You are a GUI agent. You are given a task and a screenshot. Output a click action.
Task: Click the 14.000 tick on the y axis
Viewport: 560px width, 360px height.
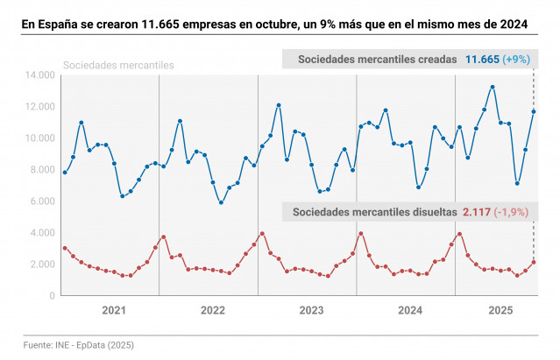pyautogui.click(x=38, y=75)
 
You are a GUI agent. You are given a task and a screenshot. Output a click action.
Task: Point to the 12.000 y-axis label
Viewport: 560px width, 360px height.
pyautogui.click(x=38, y=107)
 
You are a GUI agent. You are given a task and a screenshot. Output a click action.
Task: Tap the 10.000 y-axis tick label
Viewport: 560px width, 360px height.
pyautogui.click(x=38, y=138)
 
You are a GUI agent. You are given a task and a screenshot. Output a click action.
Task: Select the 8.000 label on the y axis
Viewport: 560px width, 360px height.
pyautogui.click(x=40, y=170)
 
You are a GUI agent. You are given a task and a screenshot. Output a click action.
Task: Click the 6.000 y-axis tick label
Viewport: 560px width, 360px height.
pyautogui.click(x=40, y=201)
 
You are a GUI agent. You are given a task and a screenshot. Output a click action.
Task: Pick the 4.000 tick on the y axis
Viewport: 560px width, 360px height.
pyautogui.click(x=40, y=233)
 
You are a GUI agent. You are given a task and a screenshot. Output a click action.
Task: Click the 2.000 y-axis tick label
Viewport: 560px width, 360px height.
pyautogui.click(x=40, y=265)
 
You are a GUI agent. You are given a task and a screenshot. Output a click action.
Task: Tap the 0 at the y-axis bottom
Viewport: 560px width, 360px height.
pyautogui.click(x=52, y=296)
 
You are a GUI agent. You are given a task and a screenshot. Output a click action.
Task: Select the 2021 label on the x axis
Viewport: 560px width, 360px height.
pyautogui.click(x=114, y=311)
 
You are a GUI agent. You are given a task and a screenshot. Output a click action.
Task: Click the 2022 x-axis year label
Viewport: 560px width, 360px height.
pyautogui.click(x=212, y=311)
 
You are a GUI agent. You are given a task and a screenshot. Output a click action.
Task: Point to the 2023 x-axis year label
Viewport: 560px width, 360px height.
pyautogui.click(x=311, y=311)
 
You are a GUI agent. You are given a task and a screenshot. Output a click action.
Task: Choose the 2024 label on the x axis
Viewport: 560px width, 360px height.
pyautogui.click(x=410, y=311)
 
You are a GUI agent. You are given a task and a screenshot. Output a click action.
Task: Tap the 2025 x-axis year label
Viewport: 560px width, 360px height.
pyautogui.click(x=500, y=311)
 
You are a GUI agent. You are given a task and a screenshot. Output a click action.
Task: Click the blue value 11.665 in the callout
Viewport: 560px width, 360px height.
pyautogui.click(x=482, y=60)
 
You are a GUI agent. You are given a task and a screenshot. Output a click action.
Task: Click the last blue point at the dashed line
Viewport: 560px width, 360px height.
pyautogui.click(x=534, y=111)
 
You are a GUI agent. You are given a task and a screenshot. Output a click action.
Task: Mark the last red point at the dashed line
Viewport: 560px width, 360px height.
pyautogui.click(x=534, y=262)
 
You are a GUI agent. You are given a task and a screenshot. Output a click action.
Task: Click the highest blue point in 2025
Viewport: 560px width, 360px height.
pyautogui.click(x=493, y=87)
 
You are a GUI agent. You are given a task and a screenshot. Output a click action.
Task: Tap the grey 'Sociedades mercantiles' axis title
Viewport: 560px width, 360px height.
pyautogui.click(x=118, y=66)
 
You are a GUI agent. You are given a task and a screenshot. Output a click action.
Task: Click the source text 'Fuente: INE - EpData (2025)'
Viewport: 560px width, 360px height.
pyautogui.click(x=80, y=345)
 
